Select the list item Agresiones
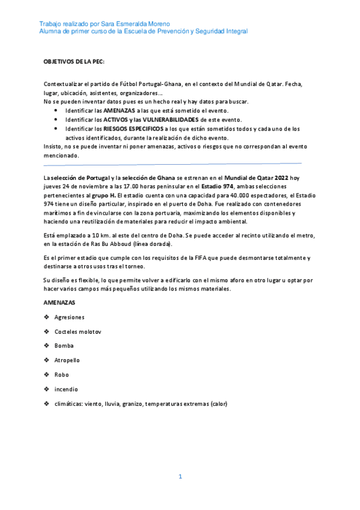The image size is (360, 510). [x=69, y=317]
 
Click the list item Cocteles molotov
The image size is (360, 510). [x=78, y=331]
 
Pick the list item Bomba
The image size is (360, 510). [x=64, y=346]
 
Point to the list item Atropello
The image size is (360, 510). [x=67, y=360]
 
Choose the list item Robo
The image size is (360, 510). [x=62, y=375]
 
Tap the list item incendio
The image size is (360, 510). [x=66, y=389]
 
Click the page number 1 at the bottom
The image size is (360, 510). [x=180, y=476]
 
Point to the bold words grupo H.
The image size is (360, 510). [x=103, y=195]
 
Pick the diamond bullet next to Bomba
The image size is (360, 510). [x=47, y=346]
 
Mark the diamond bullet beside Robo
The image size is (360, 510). [x=47, y=375]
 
